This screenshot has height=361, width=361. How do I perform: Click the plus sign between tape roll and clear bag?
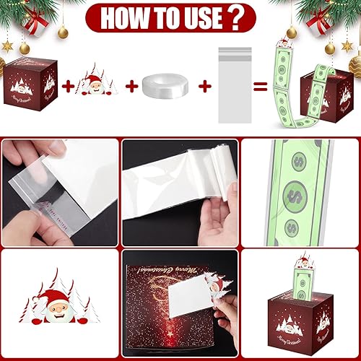point(204,87)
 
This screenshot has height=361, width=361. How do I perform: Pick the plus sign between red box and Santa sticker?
point(68,87)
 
